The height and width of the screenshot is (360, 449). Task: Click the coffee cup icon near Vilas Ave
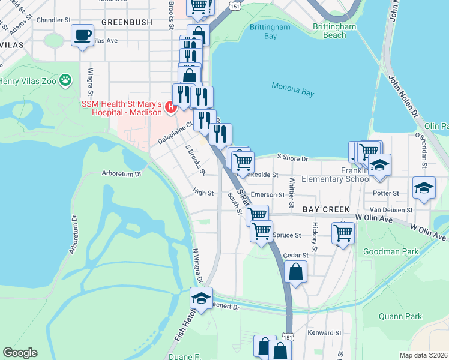pyautogui.click(x=82, y=34)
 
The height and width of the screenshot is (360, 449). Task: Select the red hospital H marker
pyautogui.click(x=170, y=107)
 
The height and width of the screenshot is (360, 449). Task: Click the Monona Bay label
pyautogui.click(x=292, y=86)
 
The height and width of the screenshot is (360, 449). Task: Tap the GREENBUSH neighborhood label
pyautogui.click(x=127, y=22)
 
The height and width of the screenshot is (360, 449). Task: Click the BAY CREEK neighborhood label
pyautogui.click(x=326, y=209)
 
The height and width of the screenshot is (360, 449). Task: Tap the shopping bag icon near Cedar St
pyautogui.click(x=297, y=272)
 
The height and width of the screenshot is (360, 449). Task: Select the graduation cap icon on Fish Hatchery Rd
pyautogui.click(x=202, y=297)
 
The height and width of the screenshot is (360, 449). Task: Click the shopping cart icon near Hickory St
pyautogui.click(x=343, y=233)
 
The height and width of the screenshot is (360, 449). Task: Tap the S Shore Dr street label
pyautogui.click(x=292, y=158)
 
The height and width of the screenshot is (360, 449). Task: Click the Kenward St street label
pyautogui.click(x=324, y=332)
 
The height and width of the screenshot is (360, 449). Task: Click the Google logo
pyautogui.click(x=20, y=353)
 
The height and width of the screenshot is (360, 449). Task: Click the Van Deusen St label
pyautogui.click(x=391, y=210)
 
